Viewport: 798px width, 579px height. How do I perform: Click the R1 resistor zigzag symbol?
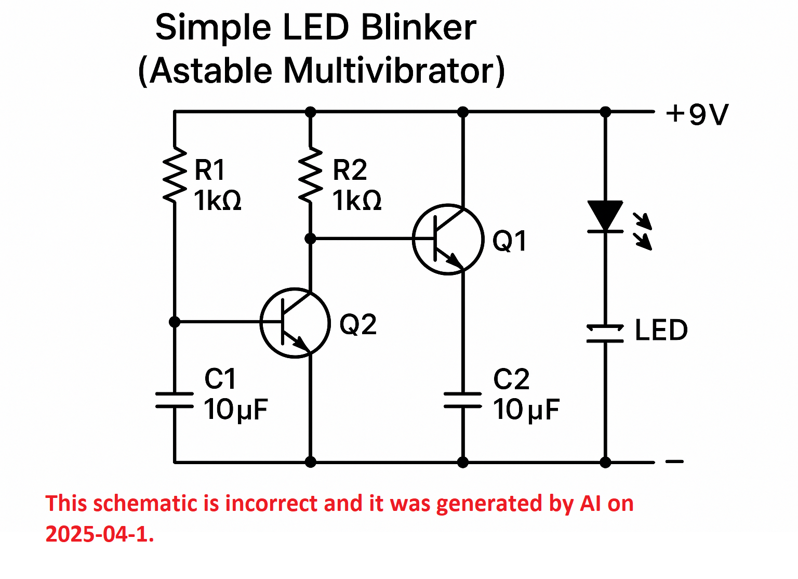click(x=175, y=175)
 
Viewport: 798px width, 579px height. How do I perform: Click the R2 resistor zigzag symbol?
click(x=310, y=175)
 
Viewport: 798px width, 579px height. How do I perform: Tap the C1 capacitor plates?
click(x=175, y=400)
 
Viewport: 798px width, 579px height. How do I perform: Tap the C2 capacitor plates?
click(x=462, y=400)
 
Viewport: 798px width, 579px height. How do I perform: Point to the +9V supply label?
click(x=697, y=115)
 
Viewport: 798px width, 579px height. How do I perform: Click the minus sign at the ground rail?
click(x=674, y=462)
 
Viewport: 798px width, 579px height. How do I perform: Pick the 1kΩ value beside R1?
click(x=217, y=200)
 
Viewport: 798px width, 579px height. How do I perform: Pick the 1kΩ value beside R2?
click(x=356, y=200)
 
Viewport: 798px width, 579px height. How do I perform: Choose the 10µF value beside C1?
click(x=235, y=410)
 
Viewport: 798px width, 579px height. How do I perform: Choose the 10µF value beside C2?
click(x=526, y=410)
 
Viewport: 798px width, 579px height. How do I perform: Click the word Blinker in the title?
click(x=419, y=27)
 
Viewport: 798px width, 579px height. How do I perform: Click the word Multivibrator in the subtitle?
click(x=394, y=71)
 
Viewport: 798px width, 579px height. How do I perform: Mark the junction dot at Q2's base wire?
click(x=175, y=322)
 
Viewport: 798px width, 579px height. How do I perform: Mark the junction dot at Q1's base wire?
click(x=310, y=239)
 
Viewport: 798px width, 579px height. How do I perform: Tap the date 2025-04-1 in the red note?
click(x=100, y=534)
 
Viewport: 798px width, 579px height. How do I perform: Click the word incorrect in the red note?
click(x=271, y=503)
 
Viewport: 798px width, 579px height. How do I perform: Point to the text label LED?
click(x=661, y=330)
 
